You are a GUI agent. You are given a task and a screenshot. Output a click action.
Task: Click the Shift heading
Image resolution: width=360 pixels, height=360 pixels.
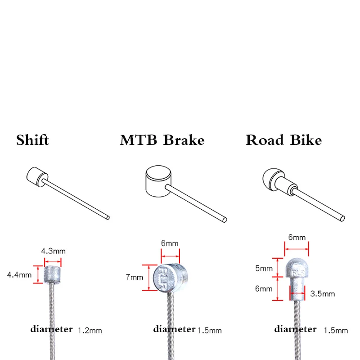tap(32, 140)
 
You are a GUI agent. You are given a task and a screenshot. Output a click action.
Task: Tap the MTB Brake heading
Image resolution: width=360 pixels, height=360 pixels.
tap(162, 140)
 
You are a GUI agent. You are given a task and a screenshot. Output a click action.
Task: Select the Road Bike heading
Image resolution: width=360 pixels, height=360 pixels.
tap(283, 140)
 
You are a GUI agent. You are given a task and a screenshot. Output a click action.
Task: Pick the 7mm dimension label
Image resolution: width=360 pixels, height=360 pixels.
tap(135, 277)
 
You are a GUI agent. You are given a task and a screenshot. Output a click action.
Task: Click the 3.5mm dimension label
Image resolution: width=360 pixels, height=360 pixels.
tap(323, 294)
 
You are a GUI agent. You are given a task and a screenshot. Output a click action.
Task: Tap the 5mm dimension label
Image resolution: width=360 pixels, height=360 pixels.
tap(264, 268)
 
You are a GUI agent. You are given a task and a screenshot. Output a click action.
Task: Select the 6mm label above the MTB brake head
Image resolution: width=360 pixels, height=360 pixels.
tap(170, 243)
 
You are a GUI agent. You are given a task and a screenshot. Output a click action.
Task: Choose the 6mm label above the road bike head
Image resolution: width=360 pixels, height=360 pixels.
tap(297, 237)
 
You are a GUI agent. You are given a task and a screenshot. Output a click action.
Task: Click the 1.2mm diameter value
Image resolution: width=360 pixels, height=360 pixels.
tap(90, 331)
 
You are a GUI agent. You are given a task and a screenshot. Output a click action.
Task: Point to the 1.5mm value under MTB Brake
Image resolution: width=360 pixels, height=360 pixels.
tap(210, 331)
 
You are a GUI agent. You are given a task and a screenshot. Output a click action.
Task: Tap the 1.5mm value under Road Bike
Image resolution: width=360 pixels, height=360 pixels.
tap(336, 331)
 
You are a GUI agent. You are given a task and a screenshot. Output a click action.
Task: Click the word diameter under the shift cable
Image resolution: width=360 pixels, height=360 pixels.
tap(51, 329)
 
